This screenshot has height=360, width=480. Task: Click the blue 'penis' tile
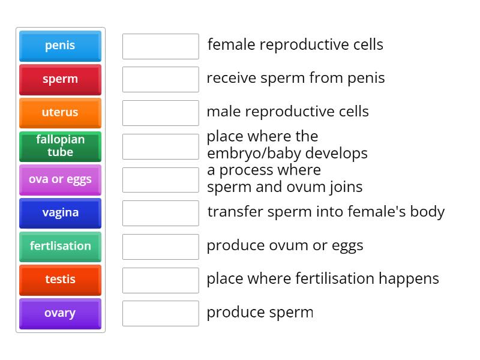tap(60, 46)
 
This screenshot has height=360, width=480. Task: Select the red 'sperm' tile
tap(60, 80)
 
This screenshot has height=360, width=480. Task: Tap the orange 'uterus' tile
tap(60, 113)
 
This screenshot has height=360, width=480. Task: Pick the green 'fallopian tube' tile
tap(60, 146)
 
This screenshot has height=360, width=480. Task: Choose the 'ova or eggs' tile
tap(60, 180)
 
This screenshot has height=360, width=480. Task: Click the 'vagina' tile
tap(60, 213)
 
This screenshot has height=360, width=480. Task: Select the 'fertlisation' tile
tap(60, 247)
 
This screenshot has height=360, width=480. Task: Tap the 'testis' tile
tap(60, 280)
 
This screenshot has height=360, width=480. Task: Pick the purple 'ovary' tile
tap(60, 314)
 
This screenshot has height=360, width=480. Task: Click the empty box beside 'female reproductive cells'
tap(160, 46)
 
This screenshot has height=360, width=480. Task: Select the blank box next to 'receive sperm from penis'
tap(160, 79)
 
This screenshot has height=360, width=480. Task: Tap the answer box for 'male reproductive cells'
tap(160, 113)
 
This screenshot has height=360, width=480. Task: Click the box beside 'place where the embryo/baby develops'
tap(160, 146)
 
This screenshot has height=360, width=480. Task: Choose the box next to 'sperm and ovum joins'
tap(160, 179)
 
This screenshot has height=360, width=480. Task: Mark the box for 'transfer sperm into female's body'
tap(160, 213)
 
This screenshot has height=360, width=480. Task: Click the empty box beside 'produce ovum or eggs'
tap(160, 247)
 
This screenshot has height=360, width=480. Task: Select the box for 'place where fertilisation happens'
tap(160, 280)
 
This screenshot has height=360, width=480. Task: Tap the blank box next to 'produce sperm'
tap(160, 313)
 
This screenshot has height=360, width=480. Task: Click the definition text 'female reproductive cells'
tap(295, 45)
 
